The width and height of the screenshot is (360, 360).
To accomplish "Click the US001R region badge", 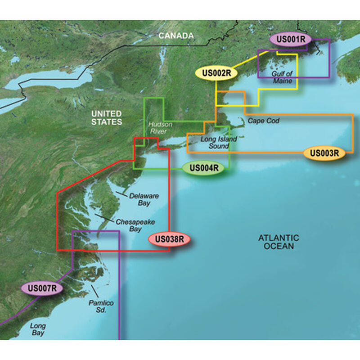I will tap(290, 40).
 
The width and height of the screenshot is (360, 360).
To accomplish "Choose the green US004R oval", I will tap(203, 169).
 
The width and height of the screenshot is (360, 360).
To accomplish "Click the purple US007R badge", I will tap(41, 286).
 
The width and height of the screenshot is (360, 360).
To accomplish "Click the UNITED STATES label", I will tap(106, 117).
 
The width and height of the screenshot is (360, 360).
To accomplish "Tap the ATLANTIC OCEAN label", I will tap(279, 242).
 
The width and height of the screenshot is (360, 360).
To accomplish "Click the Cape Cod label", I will tap(263, 121).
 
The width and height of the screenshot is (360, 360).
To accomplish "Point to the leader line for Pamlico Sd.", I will tap(93, 288).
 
